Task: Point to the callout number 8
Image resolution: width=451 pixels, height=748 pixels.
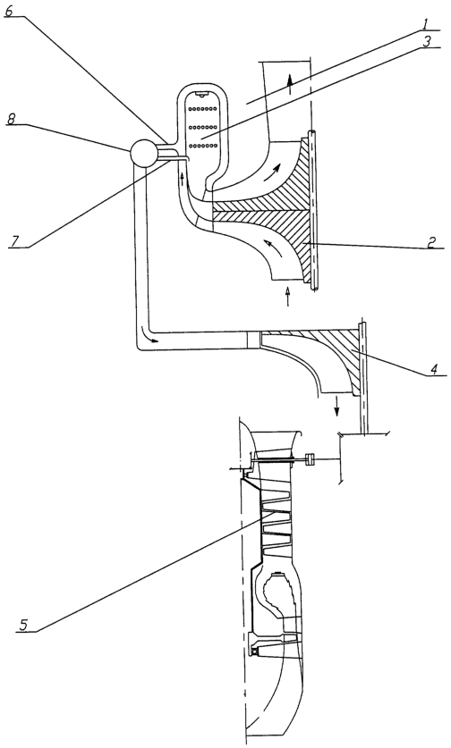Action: coord(11,119)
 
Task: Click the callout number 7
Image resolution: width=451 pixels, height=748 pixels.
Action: coord(15,241)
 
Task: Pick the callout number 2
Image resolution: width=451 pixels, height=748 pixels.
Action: coord(431,242)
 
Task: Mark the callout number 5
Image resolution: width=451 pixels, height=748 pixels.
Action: coord(24,624)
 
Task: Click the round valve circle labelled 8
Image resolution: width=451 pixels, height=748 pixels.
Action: coord(143,153)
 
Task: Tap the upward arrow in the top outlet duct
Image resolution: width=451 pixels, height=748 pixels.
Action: coord(288,85)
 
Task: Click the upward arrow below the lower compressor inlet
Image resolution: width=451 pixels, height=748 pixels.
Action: coord(287,296)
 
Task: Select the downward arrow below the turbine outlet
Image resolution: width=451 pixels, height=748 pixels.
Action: coord(337,406)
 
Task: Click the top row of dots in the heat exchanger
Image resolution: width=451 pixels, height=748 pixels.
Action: coord(203,109)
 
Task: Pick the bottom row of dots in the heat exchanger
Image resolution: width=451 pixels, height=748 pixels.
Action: coord(203,145)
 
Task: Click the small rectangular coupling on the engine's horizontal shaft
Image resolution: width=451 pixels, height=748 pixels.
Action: coord(309,459)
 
